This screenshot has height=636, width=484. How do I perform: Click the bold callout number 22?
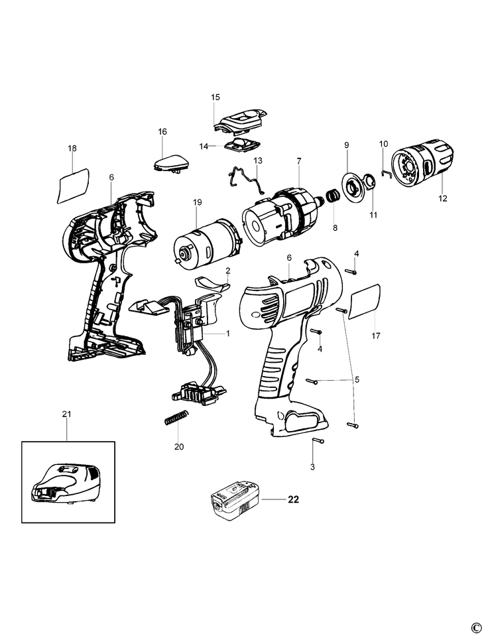coord(293,499)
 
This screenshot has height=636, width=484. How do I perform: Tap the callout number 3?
coord(313,468)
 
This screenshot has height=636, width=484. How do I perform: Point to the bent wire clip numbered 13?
coord(245,178)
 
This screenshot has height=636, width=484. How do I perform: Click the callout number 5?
coord(357,379)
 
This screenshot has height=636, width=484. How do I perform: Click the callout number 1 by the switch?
coord(228,334)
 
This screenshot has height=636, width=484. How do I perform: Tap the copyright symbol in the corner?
coord(475,627)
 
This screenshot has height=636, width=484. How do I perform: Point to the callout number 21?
coord(66,414)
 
